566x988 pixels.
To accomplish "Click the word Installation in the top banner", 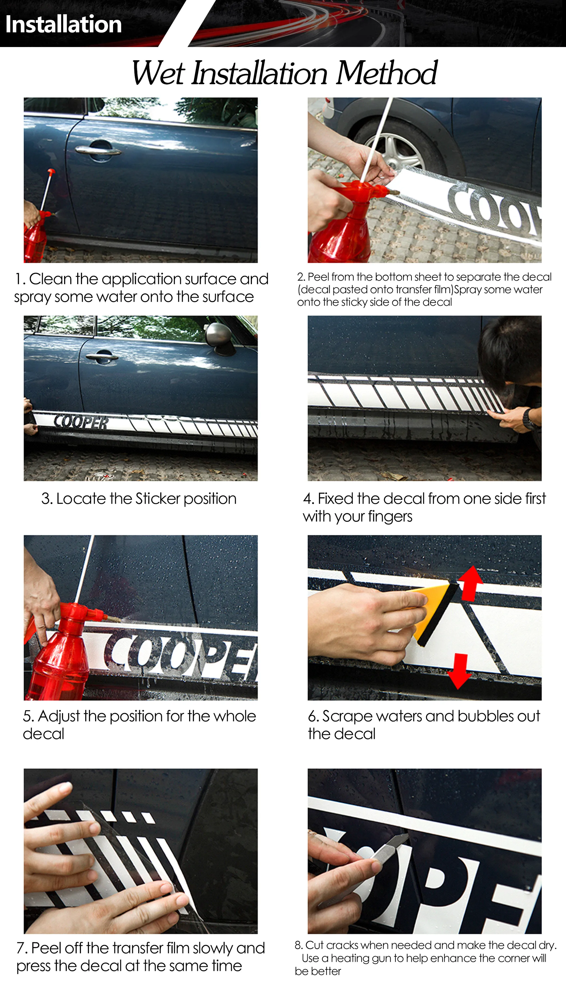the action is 63,24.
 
